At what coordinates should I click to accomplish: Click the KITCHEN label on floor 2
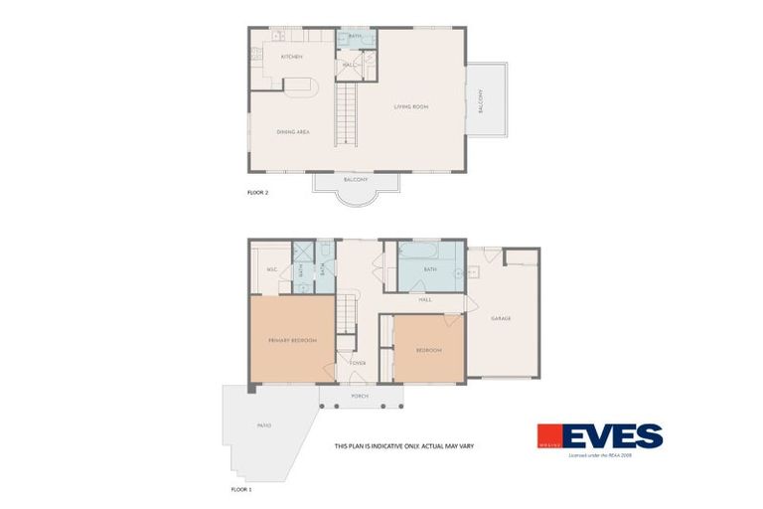291,57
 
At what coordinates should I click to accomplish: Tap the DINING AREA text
292,131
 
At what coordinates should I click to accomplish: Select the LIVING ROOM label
410,106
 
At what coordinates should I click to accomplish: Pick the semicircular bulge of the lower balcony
355,195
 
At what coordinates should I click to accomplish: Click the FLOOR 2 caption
257,191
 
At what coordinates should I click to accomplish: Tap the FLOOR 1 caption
241,489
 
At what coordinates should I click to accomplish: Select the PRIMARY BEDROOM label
292,341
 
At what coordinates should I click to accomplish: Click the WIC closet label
270,269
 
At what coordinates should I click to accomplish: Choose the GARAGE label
501,318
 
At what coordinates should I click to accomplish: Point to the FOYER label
358,363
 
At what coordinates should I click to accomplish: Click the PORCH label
360,396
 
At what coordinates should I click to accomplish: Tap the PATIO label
264,425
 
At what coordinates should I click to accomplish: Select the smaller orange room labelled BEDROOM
428,350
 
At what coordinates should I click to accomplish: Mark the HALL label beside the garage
424,299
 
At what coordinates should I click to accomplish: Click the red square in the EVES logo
550,436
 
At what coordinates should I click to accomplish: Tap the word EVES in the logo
613,436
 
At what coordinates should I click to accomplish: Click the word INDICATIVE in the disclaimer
387,446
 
